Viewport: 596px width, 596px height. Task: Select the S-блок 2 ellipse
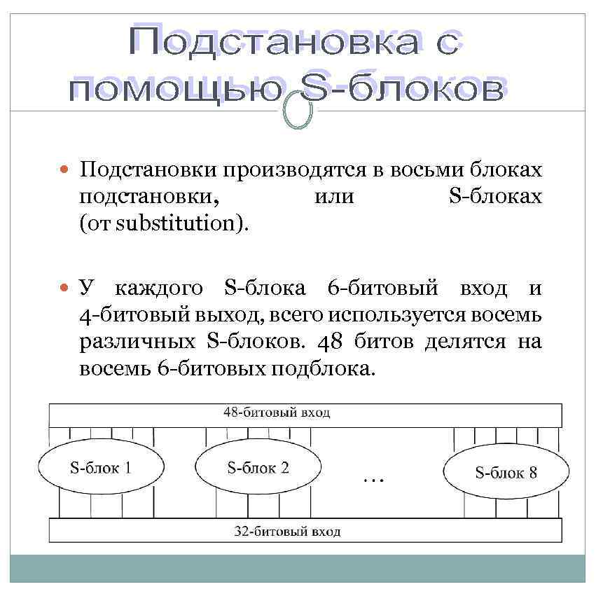tap(258, 468)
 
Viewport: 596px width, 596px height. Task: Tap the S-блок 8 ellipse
tap(506, 472)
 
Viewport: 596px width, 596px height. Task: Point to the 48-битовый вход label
tap(277, 413)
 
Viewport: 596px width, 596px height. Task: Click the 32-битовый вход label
tap(287, 532)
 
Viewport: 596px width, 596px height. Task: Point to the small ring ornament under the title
tap(298, 113)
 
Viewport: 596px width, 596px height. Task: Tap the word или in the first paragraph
tap(334, 197)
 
